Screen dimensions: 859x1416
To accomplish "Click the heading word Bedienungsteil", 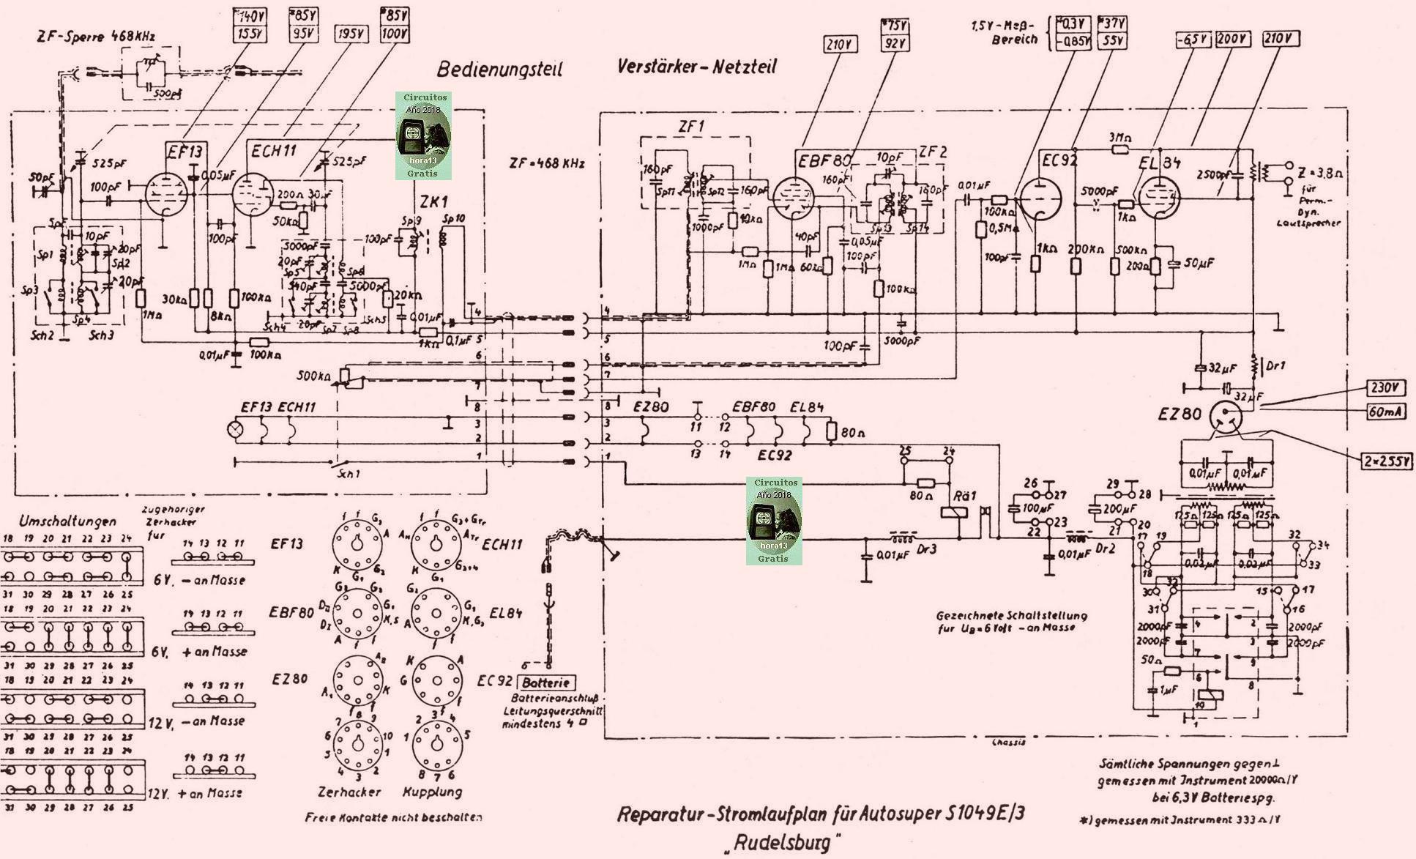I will click(499, 70).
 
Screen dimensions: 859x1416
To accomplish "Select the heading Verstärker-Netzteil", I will click(696, 67).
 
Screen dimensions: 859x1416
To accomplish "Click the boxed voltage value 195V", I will click(351, 34).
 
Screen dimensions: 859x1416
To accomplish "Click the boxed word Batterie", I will click(545, 683).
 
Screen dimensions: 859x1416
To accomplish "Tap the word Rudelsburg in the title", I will click(781, 842).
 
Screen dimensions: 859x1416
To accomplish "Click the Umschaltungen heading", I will click(67, 521).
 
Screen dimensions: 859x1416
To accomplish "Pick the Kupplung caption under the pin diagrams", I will click(432, 792).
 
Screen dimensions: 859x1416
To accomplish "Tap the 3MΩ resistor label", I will click(1119, 137).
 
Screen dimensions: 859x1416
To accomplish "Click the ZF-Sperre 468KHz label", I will click(96, 35).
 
